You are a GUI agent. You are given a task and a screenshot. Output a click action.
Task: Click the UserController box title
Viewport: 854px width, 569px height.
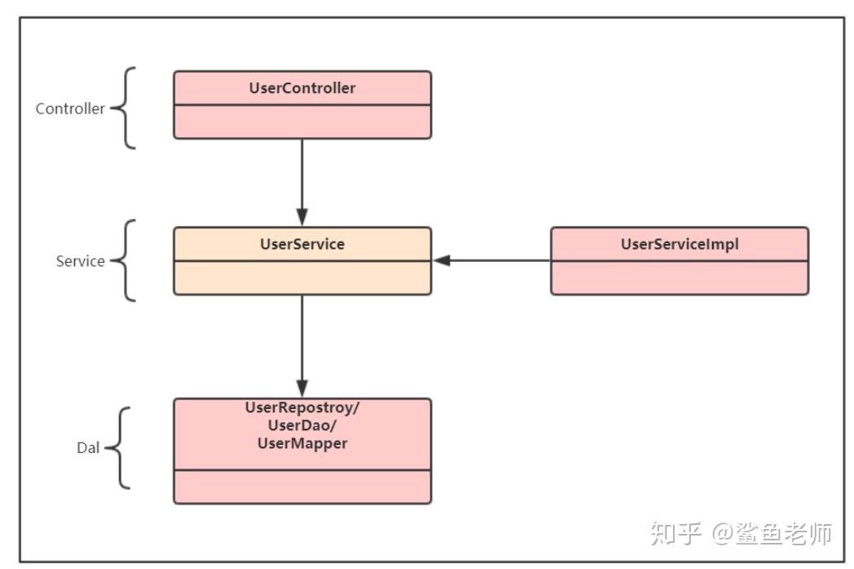[302, 88]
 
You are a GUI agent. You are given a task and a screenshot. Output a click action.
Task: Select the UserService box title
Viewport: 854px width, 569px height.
[302, 244]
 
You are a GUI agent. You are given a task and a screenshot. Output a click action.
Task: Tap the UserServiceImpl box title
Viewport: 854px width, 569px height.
[679, 244]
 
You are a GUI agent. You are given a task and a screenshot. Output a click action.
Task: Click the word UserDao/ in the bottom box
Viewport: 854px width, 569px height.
[302, 425]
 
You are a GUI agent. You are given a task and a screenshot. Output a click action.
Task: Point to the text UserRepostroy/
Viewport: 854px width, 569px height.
[302, 408]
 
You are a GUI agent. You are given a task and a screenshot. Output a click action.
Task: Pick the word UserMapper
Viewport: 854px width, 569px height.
[302, 443]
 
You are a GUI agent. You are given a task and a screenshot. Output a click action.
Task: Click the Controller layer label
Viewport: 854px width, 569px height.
[70, 109]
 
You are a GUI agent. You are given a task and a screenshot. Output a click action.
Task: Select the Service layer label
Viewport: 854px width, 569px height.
[80, 261]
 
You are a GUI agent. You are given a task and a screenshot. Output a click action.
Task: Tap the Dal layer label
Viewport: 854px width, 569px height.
[88, 447]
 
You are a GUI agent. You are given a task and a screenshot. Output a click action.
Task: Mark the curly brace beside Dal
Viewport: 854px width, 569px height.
[119, 447]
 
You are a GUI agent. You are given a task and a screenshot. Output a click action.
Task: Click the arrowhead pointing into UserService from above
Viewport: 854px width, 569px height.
[302, 217]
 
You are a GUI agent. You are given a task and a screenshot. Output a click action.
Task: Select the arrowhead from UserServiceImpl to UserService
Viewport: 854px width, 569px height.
[442, 260]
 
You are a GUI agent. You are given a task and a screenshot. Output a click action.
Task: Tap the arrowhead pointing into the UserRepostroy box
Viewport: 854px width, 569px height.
[302, 388]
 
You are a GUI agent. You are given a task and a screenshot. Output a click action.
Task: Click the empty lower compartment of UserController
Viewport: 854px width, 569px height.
[302, 122]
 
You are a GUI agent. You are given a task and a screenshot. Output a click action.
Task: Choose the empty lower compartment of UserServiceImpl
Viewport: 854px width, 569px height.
[679, 278]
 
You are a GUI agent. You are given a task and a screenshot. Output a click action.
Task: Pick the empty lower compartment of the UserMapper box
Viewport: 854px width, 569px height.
[302, 487]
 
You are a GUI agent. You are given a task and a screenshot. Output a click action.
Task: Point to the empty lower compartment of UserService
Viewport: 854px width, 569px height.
[302, 278]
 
